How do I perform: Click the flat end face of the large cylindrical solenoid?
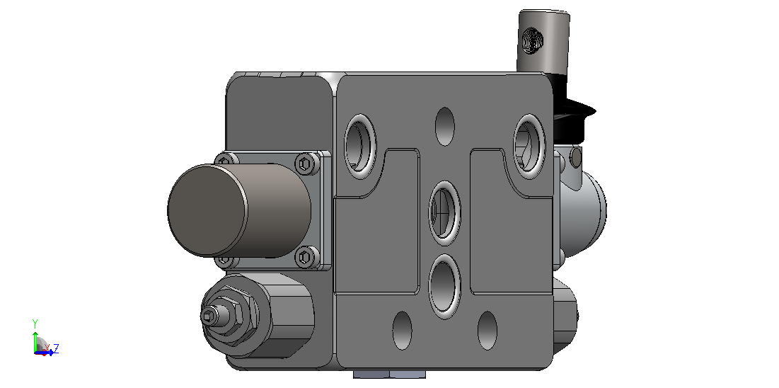click(207, 211)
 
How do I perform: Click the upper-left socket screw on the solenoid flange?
click(226, 160)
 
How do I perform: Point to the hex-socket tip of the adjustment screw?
click(209, 315)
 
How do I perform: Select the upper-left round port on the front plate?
click(360, 147)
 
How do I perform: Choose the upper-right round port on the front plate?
click(530, 147)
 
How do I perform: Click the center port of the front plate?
click(445, 213)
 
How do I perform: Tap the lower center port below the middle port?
click(445, 286)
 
